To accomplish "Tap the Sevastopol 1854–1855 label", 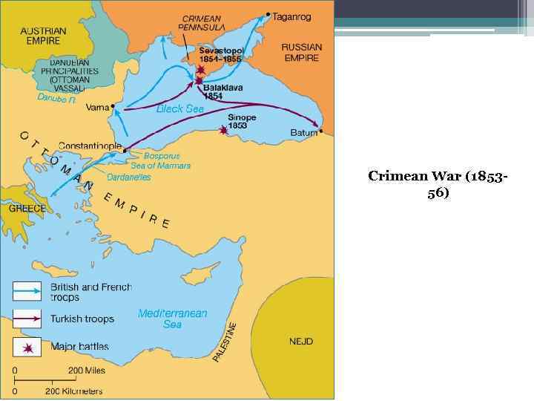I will pyautogui.click(x=220, y=54).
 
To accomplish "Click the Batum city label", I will pyautogui.click(x=303, y=133).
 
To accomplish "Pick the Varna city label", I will pyautogui.click(x=96, y=107).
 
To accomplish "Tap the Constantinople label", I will pyautogui.click(x=88, y=146).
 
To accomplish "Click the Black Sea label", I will pyautogui.click(x=179, y=108).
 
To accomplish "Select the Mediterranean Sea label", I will pyautogui.click(x=172, y=319).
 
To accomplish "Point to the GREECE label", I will pyautogui.click(x=27, y=209).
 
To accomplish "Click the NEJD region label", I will pyautogui.click(x=300, y=342).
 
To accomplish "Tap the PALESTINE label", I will pyautogui.click(x=225, y=342).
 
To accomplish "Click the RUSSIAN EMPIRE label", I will pyautogui.click(x=302, y=52).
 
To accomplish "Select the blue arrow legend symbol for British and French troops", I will pyautogui.click(x=26, y=291).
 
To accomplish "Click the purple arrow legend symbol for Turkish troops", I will pyautogui.click(x=26, y=319).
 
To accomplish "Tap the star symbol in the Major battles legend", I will pyautogui.click(x=27, y=347).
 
